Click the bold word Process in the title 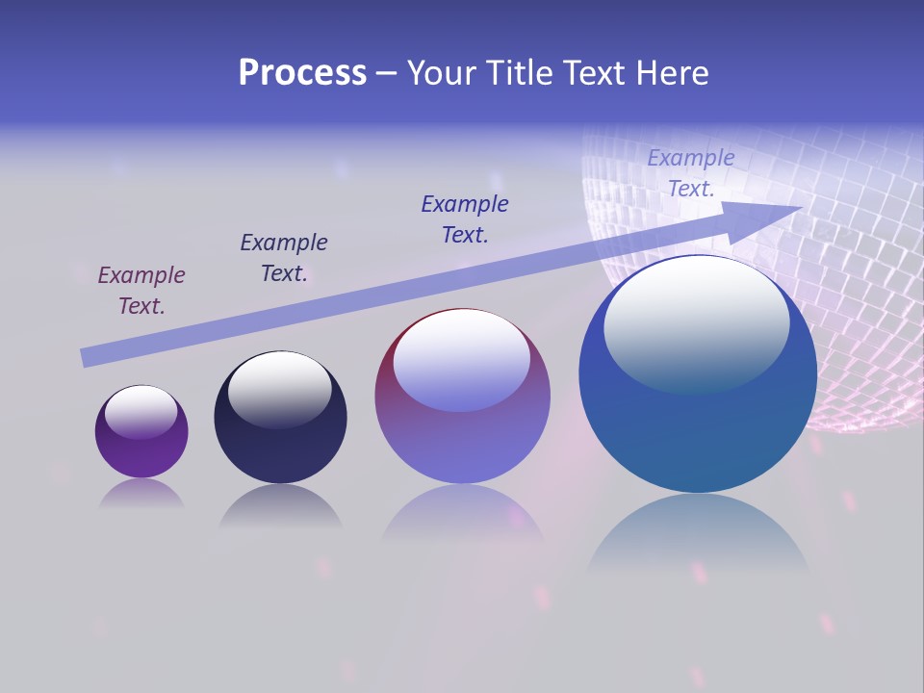click(x=302, y=72)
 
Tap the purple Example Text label click(x=141, y=291)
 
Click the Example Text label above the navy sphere click(x=284, y=258)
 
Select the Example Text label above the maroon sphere click(x=465, y=219)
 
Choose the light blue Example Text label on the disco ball click(x=691, y=173)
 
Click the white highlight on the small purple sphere click(x=141, y=411)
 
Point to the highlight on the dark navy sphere click(x=279, y=388)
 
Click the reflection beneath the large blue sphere click(x=697, y=534)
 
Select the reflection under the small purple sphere click(x=141, y=494)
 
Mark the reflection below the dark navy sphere click(x=280, y=506)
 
